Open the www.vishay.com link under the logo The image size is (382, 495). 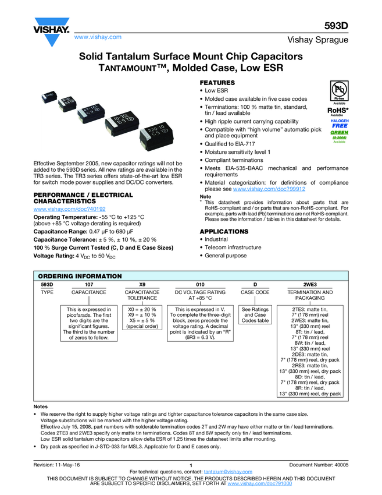(98, 37)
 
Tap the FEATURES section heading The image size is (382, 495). (217, 83)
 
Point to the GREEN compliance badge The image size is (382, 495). (340, 135)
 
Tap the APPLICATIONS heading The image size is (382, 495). (224, 232)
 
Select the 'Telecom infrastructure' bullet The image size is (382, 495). (233, 248)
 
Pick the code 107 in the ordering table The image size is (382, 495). (89, 284)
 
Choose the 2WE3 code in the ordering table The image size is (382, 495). (310, 284)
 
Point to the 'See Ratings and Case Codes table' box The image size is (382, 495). (255, 315)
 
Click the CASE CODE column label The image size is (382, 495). (255, 292)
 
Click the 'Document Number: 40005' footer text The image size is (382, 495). (319, 465)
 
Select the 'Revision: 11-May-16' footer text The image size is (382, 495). (57, 465)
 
